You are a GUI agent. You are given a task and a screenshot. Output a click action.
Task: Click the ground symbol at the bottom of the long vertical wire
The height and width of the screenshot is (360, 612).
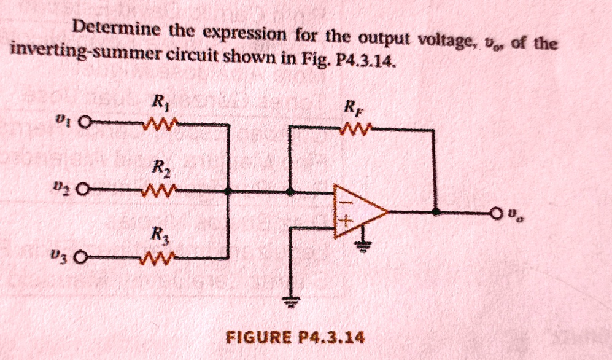click(293, 302)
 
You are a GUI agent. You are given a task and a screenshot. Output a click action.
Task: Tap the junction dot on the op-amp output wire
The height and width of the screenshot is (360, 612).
click(435, 211)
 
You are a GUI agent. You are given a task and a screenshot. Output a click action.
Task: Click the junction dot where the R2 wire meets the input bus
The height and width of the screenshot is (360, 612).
click(229, 192)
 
